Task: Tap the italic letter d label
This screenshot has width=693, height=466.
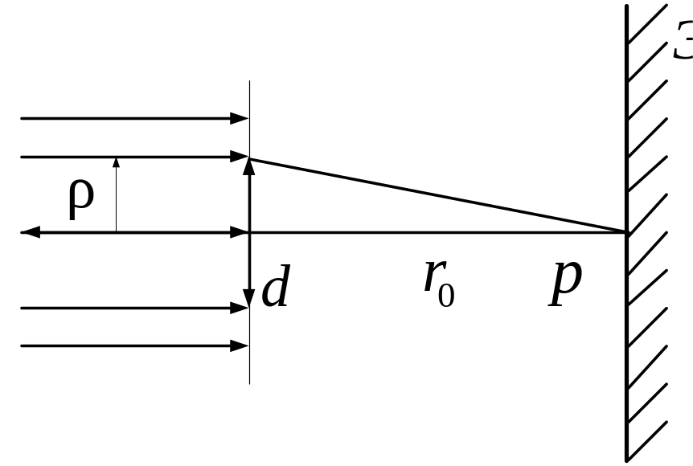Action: pos(276,288)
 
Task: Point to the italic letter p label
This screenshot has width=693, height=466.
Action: pos(566,283)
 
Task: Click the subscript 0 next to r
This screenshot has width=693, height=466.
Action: pos(447,294)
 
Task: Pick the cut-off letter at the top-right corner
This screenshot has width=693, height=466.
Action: pos(683,43)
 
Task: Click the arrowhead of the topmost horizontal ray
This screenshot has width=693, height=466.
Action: pos(240,119)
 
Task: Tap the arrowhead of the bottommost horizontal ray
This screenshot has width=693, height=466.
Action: pos(240,346)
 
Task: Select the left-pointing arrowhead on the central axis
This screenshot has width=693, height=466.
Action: pos(29,233)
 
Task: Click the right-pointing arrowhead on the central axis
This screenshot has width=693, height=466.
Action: pos(240,233)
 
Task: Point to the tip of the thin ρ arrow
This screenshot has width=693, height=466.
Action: pos(116,161)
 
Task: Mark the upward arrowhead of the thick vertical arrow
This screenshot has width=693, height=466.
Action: pos(249,166)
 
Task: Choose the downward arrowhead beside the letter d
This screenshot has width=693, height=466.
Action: pos(249,300)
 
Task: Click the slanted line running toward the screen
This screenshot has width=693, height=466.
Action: pos(438,195)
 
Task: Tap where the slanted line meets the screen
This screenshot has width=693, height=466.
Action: pos(626,232)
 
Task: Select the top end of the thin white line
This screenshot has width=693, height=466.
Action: pos(249,82)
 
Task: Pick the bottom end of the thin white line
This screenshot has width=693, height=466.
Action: pos(249,383)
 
